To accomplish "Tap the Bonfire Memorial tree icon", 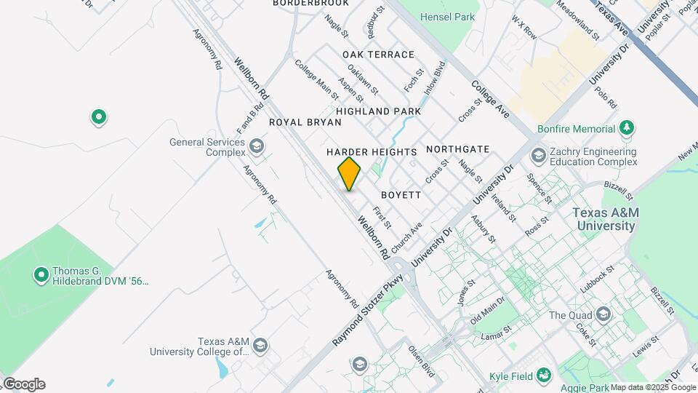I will click(626, 129).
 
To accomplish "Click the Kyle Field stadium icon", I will click(542, 375).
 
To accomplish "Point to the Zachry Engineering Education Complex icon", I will click(538, 154).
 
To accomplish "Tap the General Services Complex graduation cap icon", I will click(255, 146).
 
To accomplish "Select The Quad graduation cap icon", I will click(602, 314).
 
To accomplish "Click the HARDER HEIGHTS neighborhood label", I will click(372, 152).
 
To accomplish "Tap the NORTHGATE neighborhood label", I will click(457, 149).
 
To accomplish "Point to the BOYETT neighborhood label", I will click(401, 195).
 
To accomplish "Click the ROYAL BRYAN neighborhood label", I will click(305, 122).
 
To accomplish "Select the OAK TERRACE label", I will click(378, 55).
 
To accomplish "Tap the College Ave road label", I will click(490, 100).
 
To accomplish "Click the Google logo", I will click(23, 384).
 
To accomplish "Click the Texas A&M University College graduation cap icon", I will click(260, 345).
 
